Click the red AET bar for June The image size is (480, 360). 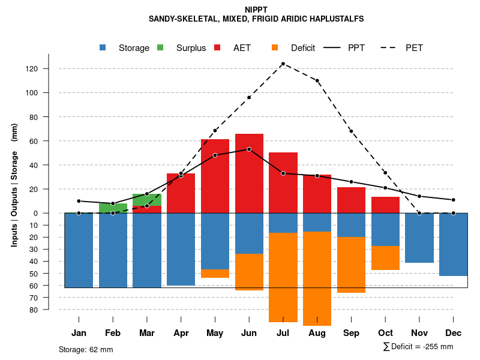tap(249, 173)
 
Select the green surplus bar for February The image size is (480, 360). tap(113, 208)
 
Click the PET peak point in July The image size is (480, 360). tap(283, 64)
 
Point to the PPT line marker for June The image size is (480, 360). tap(249, 149)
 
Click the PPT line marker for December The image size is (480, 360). tap(454, 200)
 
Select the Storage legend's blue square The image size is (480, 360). tap(103, 47)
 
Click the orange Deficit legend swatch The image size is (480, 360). tap(275, 47)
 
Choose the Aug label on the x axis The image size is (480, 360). tap(317, 333)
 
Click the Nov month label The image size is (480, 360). tap(419, 333)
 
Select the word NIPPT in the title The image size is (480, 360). tap(256, 10)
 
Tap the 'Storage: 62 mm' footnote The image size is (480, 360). tap(86, 349)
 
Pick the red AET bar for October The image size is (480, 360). tap(385, 205)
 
